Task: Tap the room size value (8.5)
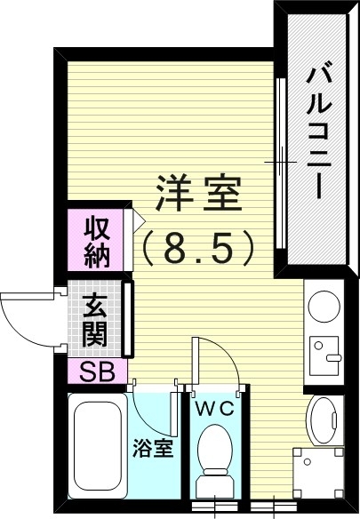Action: coord(199,248)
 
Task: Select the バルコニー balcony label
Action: coord(316,133)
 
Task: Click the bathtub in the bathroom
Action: coord(98,447)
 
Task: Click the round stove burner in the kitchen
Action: coord(323,307)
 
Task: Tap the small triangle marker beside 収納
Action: coord(138,217)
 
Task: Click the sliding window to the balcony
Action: coord(281,164)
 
